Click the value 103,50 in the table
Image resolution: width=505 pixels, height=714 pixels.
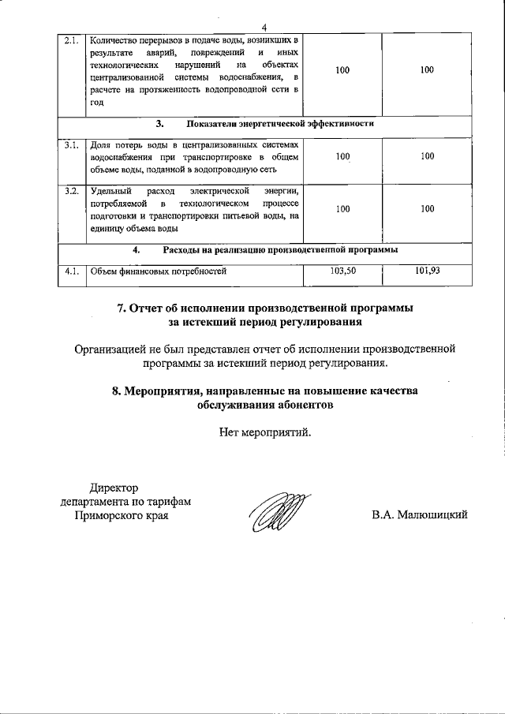[342, 271]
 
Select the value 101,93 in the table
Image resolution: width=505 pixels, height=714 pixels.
[427, 271]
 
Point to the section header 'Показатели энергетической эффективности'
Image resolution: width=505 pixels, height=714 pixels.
[279, 124]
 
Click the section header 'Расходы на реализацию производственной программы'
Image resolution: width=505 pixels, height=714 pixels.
[279, 249]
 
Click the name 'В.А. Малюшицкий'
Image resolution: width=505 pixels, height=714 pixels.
[420, 515]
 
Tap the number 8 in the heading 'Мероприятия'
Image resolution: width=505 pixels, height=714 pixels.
[116, 391]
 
